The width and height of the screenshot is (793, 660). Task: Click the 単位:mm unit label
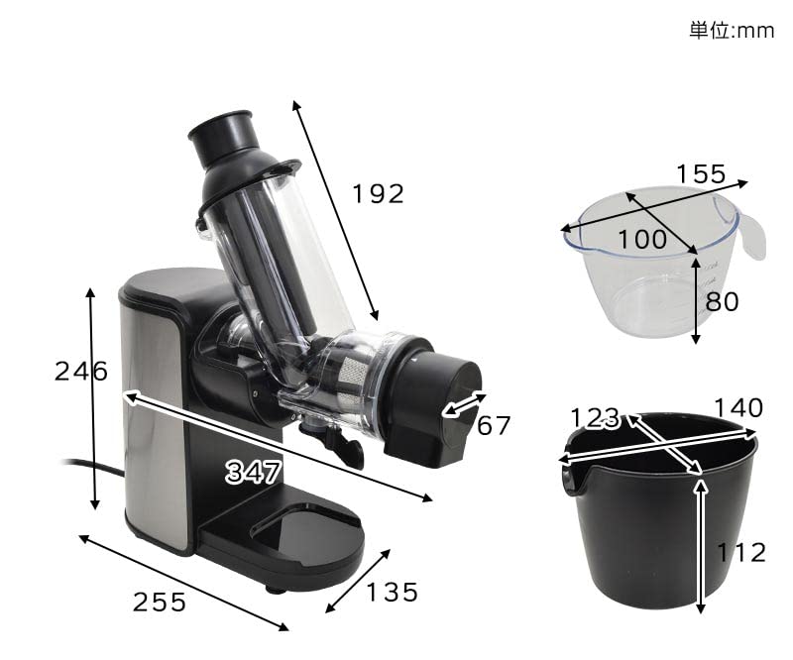point(732,31)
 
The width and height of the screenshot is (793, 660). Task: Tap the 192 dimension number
point(379,194)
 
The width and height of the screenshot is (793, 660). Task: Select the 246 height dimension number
point(81,372)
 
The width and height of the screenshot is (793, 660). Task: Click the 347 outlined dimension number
point(253,473)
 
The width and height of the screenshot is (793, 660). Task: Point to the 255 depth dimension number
point(160,603)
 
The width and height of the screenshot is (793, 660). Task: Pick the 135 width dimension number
point(392,593)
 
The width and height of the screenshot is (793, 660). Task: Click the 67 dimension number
point(494,425)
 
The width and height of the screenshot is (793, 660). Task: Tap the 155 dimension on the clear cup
point(701,174)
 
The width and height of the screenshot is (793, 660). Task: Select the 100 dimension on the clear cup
point(642,239)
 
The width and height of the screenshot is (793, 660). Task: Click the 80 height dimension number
point(723,301)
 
